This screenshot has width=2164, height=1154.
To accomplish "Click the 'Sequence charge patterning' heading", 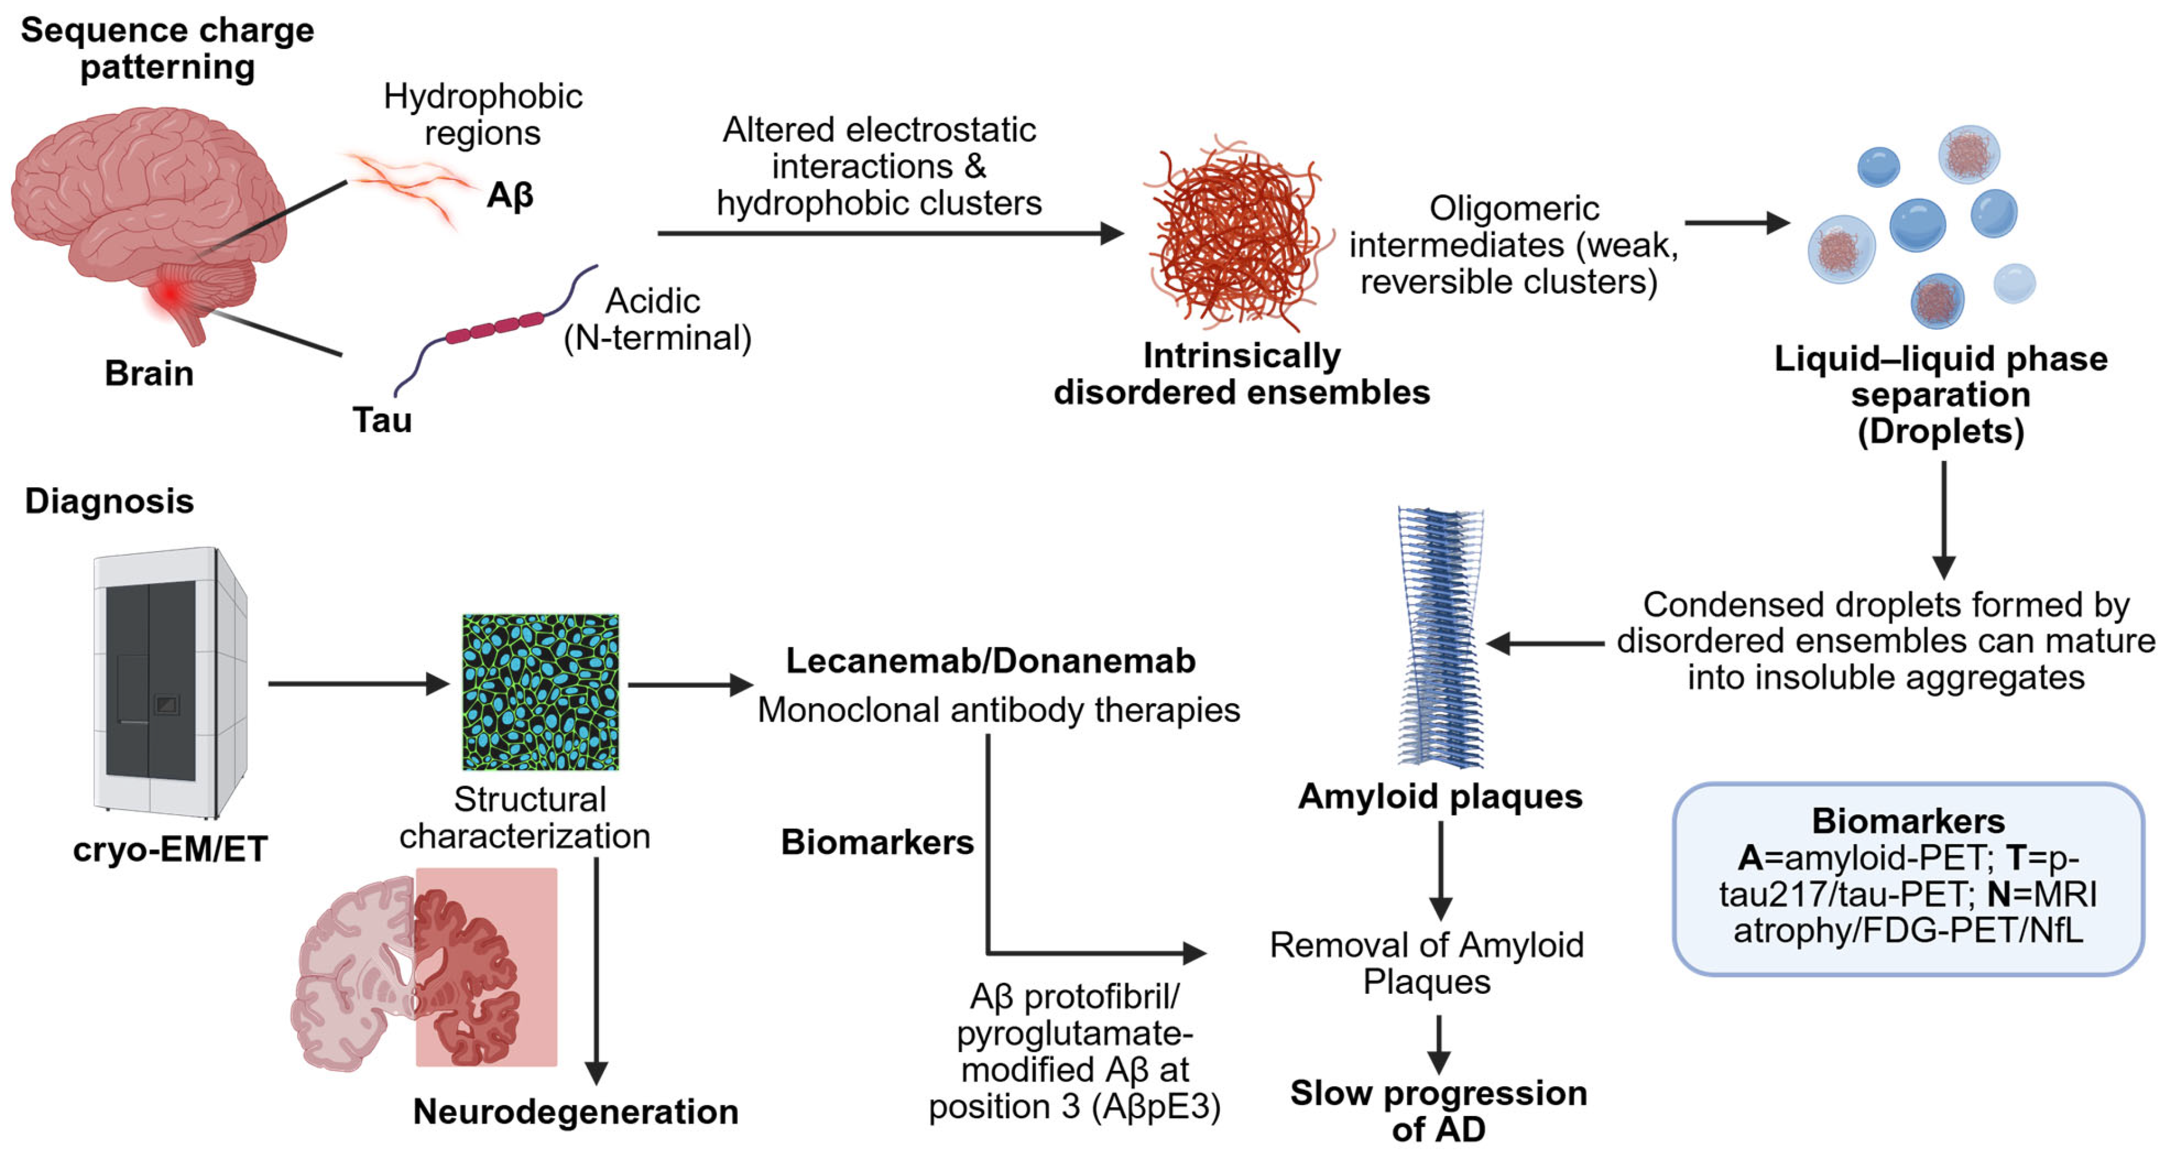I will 167,48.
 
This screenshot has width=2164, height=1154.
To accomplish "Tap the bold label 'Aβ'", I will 510,196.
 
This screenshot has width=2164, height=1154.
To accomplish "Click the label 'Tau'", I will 381,419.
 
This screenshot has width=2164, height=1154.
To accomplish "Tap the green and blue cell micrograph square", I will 540,691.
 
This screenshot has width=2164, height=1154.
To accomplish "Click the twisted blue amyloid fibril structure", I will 1440,638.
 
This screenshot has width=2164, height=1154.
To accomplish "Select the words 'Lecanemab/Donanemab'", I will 990,661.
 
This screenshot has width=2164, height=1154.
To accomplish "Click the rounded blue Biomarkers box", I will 1908,878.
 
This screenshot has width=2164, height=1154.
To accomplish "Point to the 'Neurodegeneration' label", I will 576,1111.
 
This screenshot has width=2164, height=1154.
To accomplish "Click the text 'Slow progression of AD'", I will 1438,1110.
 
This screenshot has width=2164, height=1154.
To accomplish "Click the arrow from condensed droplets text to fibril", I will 1546,643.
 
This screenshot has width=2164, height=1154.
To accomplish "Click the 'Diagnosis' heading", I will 109,501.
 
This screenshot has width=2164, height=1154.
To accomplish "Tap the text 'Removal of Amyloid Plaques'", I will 1426,963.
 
